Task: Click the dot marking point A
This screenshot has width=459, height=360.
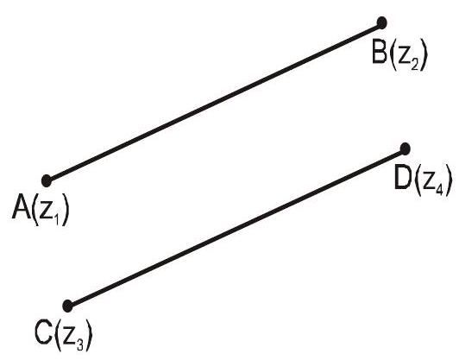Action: click(x=47, y=180)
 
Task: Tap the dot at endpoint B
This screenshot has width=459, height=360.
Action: click(x=381, y=22)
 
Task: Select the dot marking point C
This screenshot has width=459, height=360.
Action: click(x=67, y=306)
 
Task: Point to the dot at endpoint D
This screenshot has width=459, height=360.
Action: click(x=405, y=149)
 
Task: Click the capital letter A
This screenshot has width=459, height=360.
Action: click(x=22, y=207)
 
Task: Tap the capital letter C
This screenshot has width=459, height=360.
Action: click(x=44, y=332)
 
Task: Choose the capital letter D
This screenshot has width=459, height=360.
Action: click(x=404, y=178)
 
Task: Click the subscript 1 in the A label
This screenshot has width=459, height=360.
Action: click(x=56, y=219)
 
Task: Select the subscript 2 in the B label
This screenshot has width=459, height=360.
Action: click(x=414, y=65)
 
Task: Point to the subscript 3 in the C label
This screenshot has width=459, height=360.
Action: click(x=80, y=344)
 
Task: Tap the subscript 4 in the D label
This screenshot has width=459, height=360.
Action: click(x=439, y=190)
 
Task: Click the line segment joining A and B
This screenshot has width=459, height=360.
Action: click(x=214, y=102)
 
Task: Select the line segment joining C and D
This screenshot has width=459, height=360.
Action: click(x=236, y=228)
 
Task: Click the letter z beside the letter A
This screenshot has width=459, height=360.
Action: click(x=46, y=211)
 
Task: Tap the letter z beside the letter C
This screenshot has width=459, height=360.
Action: click(x=69, y=337)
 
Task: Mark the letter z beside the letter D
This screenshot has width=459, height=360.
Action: click(x=429, y=181)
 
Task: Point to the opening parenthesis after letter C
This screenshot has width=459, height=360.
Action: click(x=58, y=336)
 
